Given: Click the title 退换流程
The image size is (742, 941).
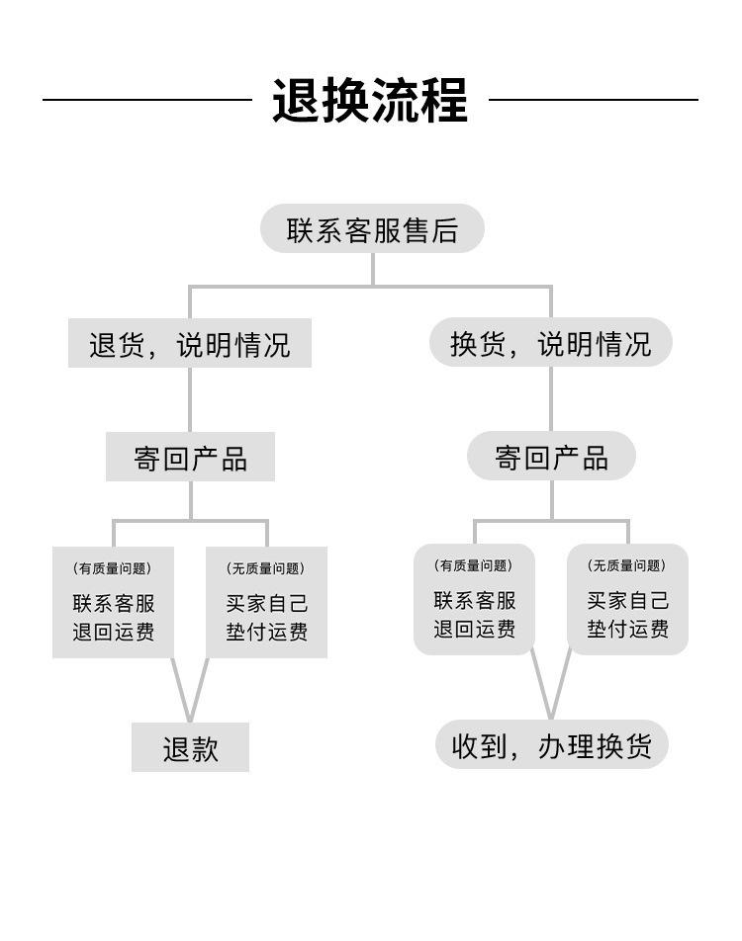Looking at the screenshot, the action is coord(370,100).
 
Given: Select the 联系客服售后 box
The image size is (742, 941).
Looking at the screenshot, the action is coord(372,228).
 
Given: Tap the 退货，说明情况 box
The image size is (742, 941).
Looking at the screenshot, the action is coord(190,343).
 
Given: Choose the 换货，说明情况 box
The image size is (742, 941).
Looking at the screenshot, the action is coord(551,342).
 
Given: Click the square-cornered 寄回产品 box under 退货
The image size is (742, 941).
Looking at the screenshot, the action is coord(191,457).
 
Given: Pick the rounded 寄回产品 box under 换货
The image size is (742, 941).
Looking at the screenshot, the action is coord(551,456).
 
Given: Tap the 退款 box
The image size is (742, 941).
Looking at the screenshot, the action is coord(191,747).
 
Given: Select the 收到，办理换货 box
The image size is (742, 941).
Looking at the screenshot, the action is coord(551,744).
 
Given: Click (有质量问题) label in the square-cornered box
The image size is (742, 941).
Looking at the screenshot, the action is coord(113,568).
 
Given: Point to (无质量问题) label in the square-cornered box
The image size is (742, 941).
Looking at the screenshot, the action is coord(266,568).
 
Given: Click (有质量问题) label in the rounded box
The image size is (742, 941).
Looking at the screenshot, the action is coord(474,565).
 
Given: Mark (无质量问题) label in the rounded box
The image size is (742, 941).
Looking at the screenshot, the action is coord(627,565).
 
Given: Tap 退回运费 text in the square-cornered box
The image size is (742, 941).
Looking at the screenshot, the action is coord(114,632).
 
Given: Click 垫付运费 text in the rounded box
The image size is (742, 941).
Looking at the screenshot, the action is coord(628,629).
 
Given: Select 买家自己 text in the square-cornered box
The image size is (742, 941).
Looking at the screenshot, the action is coord(267,603).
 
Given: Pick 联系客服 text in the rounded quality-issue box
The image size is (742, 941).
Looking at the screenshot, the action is coord(475,600).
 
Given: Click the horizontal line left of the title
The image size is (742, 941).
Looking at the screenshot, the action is coord(147,100).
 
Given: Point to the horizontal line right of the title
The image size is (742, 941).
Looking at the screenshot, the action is coord(594,100).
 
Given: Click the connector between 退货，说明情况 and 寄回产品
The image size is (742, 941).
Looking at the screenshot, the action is coord(191,399).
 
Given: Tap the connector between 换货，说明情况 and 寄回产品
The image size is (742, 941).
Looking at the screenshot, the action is coord(551,398).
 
